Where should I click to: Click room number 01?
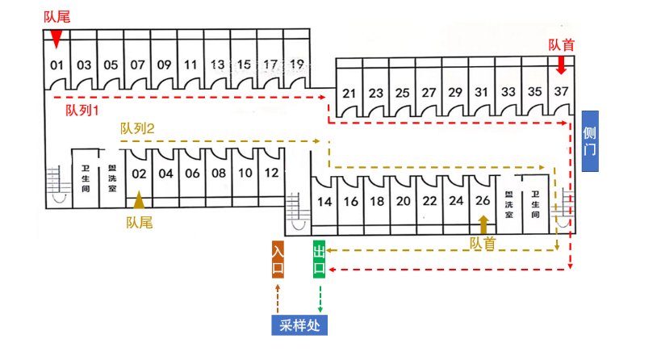56,65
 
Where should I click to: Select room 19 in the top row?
297,65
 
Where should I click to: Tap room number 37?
562,92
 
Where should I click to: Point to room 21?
349,93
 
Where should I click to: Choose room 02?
139,173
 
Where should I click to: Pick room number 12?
272,173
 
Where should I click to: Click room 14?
324,202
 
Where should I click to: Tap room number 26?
483,202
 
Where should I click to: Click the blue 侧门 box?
590,141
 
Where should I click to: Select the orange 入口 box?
278,259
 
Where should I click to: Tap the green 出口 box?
320,259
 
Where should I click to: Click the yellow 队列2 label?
137,128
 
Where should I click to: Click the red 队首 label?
562,46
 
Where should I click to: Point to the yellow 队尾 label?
139,222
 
